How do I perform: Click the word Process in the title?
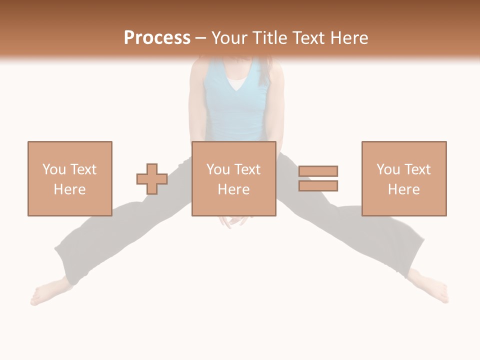click(x=157, y=38)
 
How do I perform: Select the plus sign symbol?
click(x=152, y=179)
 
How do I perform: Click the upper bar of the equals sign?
click(x=318, y=171)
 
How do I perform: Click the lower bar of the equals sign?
click(x=318, y=185)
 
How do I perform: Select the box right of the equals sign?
click(x=403, y=178)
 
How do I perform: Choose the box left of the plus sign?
click(x=69, y=178)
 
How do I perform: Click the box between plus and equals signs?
click(x=233, y=178)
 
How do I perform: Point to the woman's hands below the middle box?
click(x=233, y=220)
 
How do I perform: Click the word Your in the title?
click(x=229, y=38)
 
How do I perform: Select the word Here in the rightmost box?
click(x=403, y=189)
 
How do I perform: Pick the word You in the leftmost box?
click(x=54, y=169)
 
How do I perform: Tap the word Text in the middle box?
click(x=247, y=169)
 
